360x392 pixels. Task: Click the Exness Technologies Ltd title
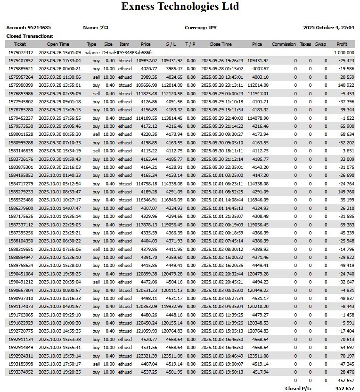(x=180, y=7)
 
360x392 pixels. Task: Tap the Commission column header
(x=284, y=44)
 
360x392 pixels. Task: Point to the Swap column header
(x=320, y=44)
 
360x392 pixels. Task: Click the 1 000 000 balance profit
(x=344, y=53)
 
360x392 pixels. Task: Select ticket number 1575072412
(x=21, y=53)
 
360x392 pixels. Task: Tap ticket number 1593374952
(x=21, y=372)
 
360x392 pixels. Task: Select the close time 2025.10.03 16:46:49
(x=222, y=356)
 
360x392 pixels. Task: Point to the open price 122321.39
(x=147, y=356)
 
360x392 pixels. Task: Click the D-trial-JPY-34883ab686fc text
(x=127, y=53)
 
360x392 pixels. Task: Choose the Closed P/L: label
(x=299, y=389)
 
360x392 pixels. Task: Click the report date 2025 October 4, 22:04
(x=328, y=27)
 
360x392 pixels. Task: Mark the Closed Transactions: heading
(x=30, y=36)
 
